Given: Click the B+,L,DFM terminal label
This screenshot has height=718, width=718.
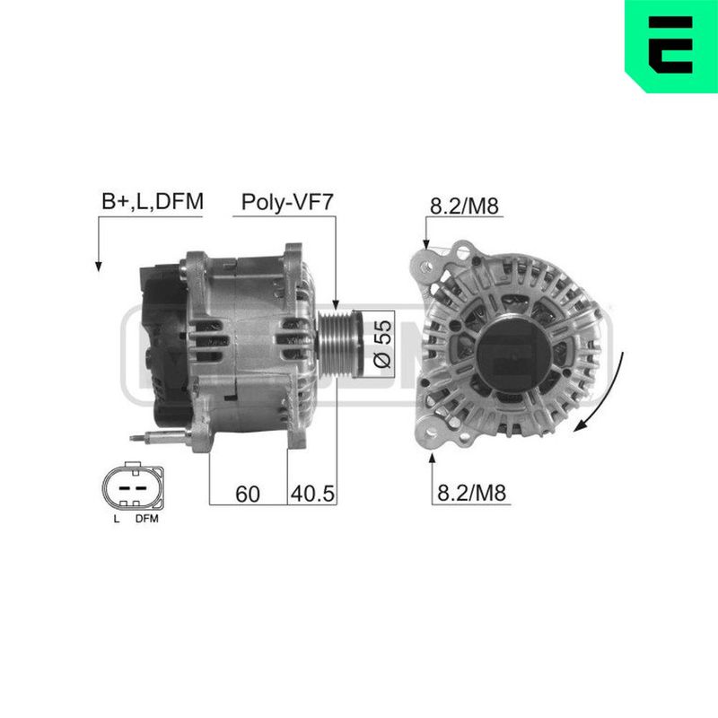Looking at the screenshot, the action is [153, 201].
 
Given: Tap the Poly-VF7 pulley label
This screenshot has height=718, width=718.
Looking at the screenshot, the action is [287, 202].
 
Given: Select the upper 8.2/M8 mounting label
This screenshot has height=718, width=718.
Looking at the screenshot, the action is [464, 206].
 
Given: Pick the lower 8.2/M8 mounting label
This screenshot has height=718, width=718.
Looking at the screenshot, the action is [472, 493].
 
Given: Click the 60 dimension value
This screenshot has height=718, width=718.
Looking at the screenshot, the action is [248, 495].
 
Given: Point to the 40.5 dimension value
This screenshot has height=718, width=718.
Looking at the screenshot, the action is [312, 494].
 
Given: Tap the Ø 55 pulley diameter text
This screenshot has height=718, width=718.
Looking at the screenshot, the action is [383, 344].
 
